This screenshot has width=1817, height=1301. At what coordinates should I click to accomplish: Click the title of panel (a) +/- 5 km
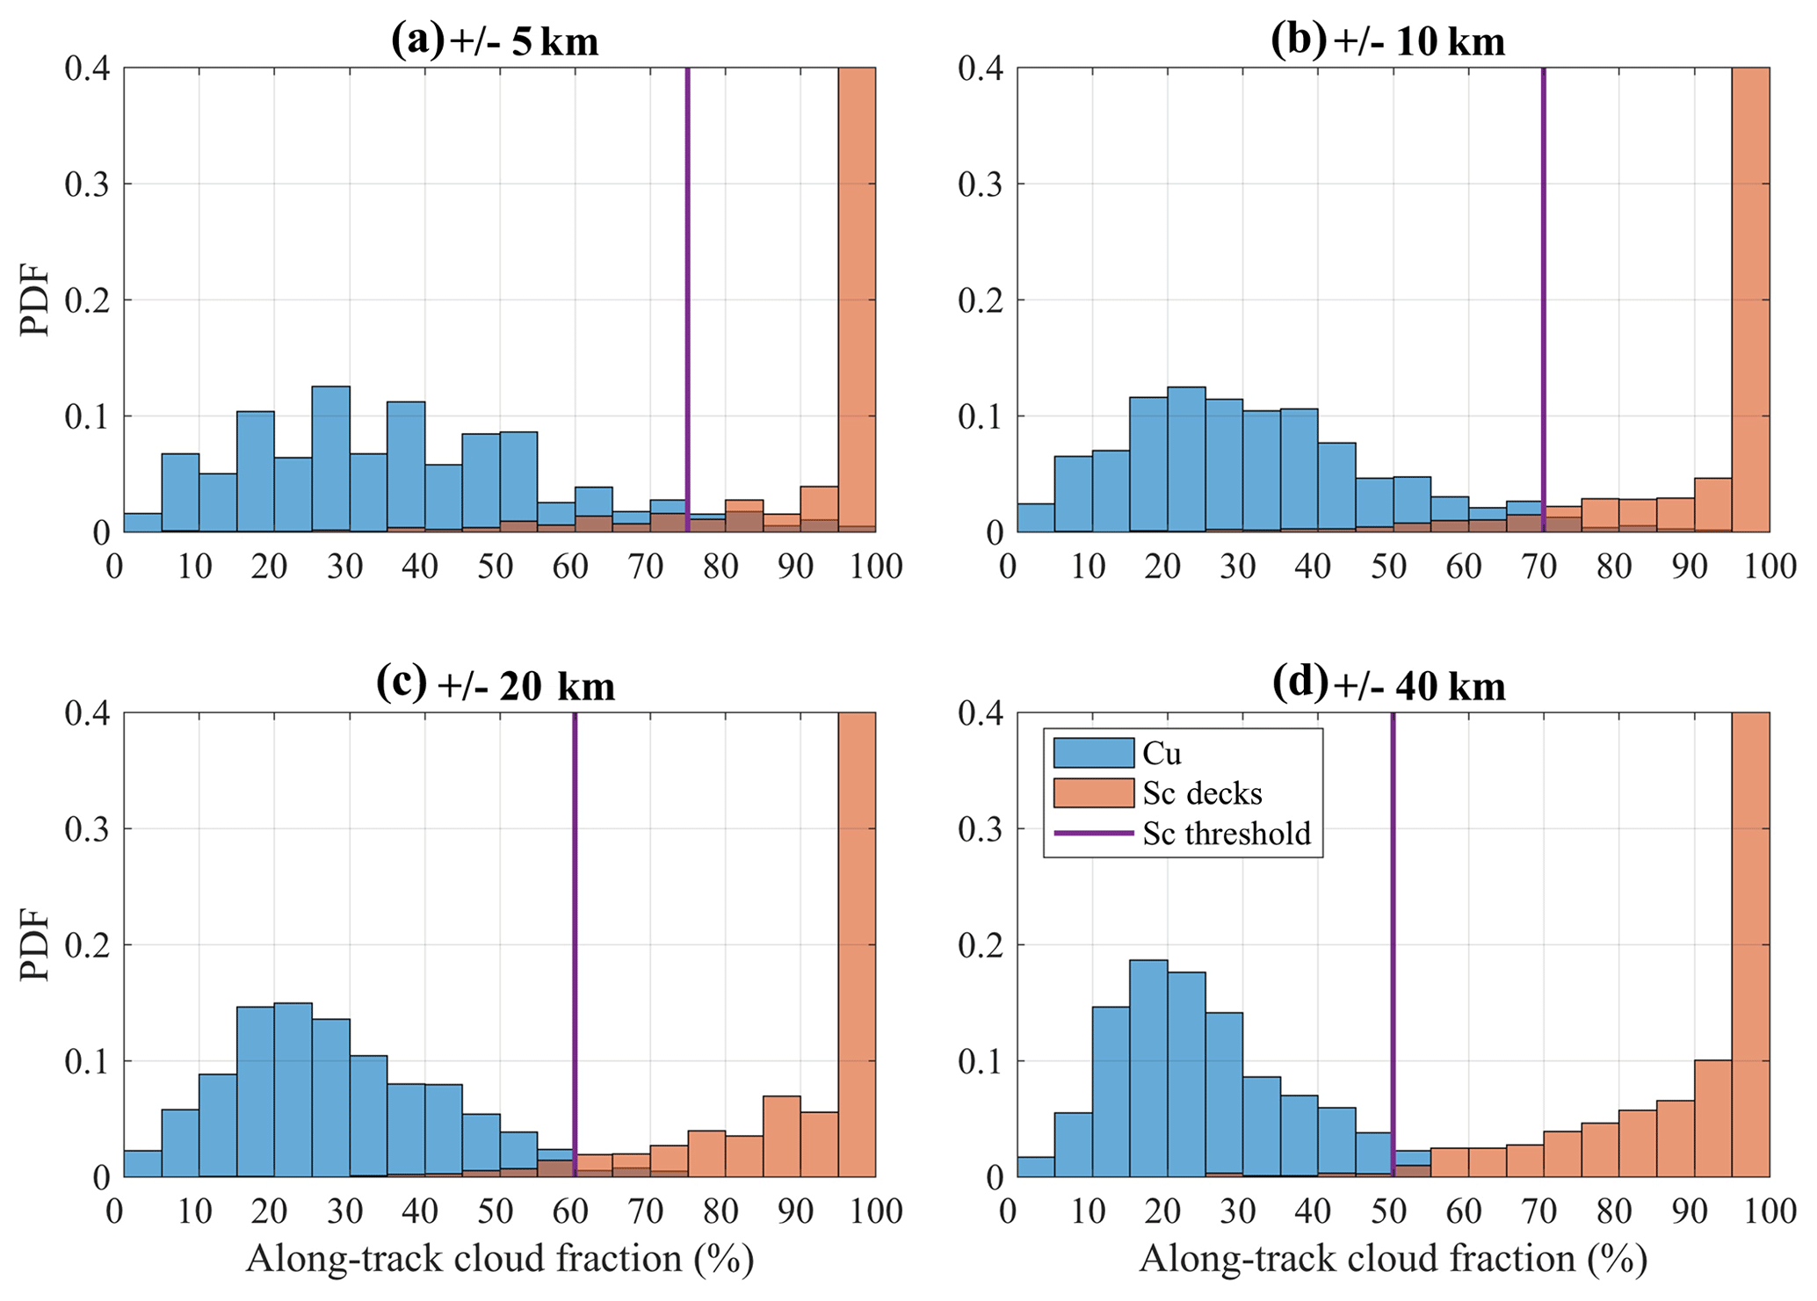495,41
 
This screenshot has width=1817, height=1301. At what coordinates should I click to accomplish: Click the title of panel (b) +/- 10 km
1388,41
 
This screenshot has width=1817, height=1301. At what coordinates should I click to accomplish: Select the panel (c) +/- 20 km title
495,685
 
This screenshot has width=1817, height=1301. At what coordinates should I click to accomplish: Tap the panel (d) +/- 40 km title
1388,685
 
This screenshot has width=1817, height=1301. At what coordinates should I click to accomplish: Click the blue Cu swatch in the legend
1093,753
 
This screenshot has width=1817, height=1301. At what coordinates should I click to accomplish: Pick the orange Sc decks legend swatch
1093,792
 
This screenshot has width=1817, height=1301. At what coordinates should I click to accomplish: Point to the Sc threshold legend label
1227,833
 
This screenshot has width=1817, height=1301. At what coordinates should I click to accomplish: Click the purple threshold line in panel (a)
687,264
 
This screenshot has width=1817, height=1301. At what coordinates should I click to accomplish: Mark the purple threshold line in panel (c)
575,878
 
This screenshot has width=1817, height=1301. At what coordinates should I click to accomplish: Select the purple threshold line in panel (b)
1544,264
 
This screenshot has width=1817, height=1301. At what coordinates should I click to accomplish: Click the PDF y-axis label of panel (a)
35,300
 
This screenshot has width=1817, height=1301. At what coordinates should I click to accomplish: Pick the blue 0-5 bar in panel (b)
1035,518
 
